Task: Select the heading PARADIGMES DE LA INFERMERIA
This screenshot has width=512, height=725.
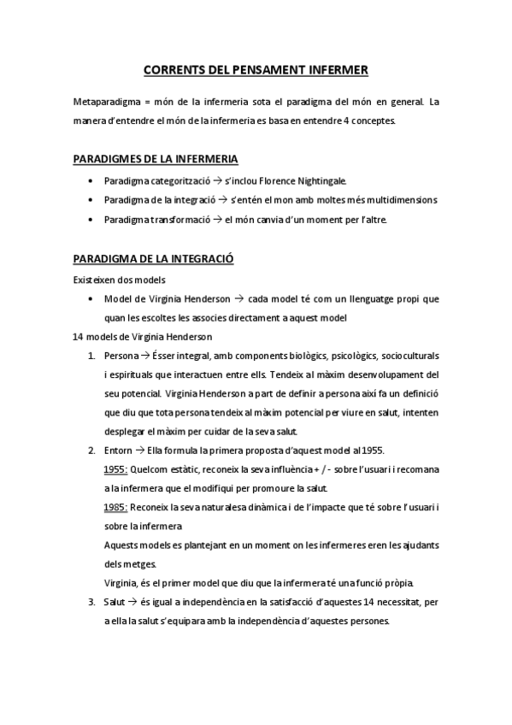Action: pos(156,159)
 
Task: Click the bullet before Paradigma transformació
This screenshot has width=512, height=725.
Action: pos(91,221)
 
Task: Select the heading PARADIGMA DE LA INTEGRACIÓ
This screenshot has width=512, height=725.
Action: pos(155,258)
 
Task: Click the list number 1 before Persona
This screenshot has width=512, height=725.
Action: pos(91,356)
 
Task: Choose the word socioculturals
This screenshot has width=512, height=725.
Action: pos(407,356)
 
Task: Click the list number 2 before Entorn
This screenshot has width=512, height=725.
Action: pos(91,451)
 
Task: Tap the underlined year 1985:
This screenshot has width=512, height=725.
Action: pos(115,508)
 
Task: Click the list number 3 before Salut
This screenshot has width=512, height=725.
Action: pos(91,603)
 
